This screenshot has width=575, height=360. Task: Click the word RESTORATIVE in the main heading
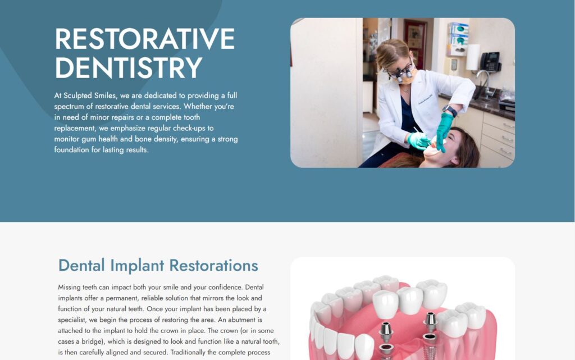[x=145, y=39]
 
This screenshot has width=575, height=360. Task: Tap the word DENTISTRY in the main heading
[x=129, y=68]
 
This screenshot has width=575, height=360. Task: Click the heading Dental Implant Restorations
[x=158, y=266]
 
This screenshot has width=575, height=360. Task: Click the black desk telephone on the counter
[x=490, y=62]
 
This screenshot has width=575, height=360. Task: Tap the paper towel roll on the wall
[x=473, y=57]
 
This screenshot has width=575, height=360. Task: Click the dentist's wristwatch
[x=450, y=110]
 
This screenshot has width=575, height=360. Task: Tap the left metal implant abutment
[x=386, y=332]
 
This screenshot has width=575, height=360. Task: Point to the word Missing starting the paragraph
[x=69, y=288]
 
